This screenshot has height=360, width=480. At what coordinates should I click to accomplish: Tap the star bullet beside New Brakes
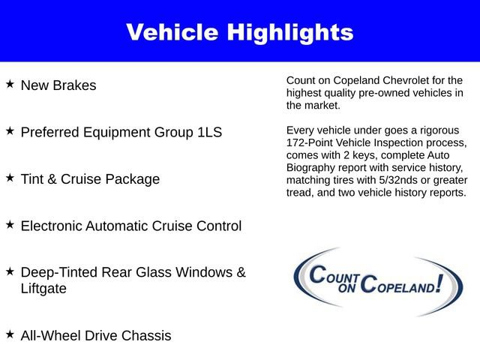point(10,84)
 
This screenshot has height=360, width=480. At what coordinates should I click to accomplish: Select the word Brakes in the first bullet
point(74,85)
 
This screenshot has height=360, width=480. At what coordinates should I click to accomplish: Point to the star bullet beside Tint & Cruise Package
point(10,178)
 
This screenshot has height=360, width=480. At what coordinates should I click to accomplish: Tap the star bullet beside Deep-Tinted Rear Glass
point(10,271)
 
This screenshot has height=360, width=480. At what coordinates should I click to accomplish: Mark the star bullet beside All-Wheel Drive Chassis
point(10,334)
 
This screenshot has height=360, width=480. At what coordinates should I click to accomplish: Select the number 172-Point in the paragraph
point(311,142)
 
